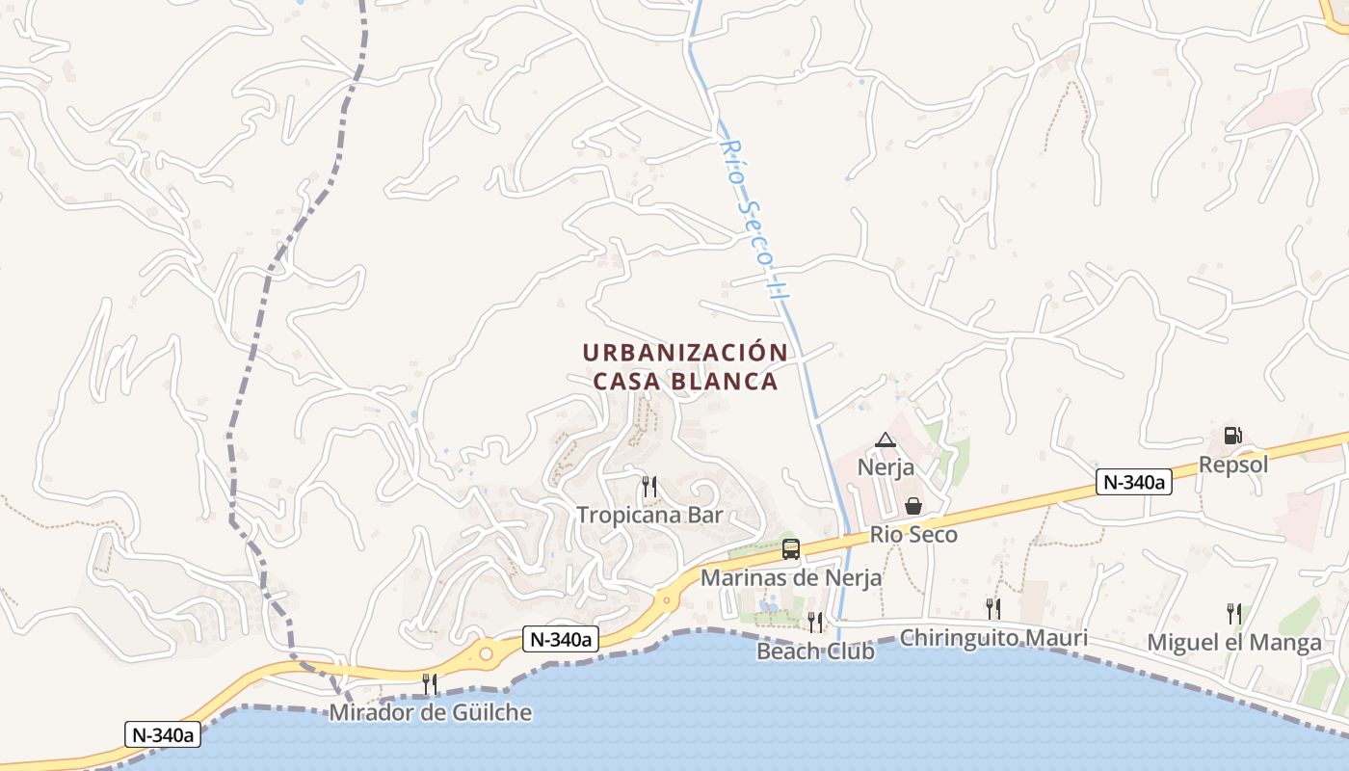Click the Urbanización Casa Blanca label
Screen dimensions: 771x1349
click(x=685, y=367)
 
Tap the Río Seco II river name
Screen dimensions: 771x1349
click(x=749, y=218)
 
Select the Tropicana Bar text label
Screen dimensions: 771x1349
click(x=649, y=515)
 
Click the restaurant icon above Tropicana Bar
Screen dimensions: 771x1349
click(x=649, y=487)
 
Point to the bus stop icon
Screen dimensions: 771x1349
click(x=791, y=549)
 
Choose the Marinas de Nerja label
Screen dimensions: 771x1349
click(x=791, y=578)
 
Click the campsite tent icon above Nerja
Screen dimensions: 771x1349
click(x=885, y=440)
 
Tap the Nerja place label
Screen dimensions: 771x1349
click(x=886, y=468)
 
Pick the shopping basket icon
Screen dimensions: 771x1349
click(x=913, y=506)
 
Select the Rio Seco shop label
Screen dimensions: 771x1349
click(x=913, y=534)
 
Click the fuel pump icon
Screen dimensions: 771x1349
click(x=1232, y=436)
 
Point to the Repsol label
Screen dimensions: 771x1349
click(x=1233, y=465)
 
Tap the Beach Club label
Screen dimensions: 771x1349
click(x=815, y=651)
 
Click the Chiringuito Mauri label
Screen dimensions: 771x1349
click(x=993, y=638)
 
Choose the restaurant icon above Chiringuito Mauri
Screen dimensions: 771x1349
click(x=992, y=608)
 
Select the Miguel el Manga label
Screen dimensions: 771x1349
click(x=1234, y=643)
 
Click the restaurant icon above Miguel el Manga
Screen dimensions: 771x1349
click(x=1233, y=613)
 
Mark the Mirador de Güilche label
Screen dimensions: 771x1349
click(x=430, y=713)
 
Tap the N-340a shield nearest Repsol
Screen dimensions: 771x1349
click(x=1133, y=483)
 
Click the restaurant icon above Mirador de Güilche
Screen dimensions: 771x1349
click(x=430, y=684)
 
